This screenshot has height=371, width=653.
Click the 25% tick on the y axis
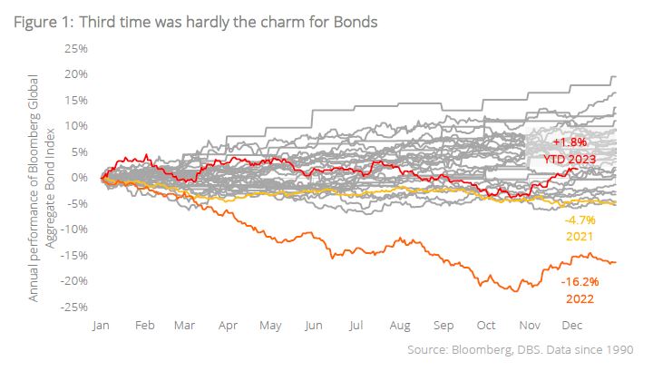coord(74,47)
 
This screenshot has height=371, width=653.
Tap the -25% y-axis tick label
coord(73,307)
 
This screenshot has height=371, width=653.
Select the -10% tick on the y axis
coord(73,229)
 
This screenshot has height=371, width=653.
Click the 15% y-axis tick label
coord(74,99)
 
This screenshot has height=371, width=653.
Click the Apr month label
coord(229,325)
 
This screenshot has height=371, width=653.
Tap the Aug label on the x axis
coord(400,325)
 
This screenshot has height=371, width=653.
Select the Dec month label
coord(571,325)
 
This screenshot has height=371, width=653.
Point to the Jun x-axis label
coord(314,325)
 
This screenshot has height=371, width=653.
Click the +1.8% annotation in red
coord(570,142)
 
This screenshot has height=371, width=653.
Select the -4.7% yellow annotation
coord(578,220)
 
